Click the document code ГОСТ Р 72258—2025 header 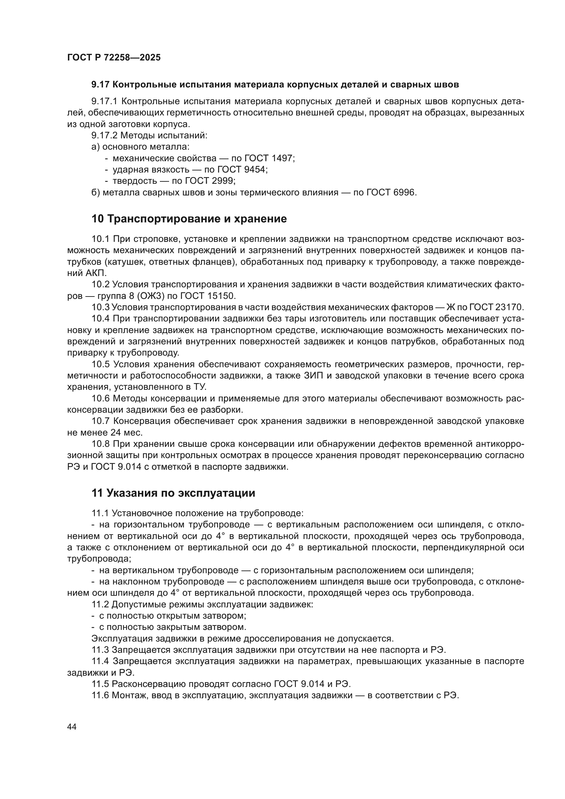tap(114, 58)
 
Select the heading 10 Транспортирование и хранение tap(189, 219)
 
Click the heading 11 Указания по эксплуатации tap(173, 493)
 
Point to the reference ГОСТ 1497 tap(269, 159)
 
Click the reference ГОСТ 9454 tap(242, 169)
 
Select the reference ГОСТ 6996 tap(391, 192)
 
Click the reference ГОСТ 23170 tap(496, 307)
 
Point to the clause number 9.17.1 tap(105, 101)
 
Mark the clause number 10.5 tap(100, 364)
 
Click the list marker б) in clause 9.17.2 tap(96, 192)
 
